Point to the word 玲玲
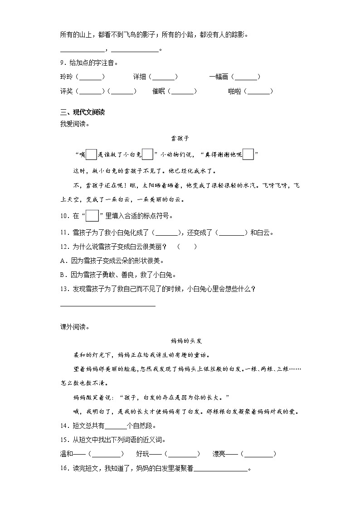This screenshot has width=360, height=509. click(66, 77)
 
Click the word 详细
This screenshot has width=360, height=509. click(139, 77)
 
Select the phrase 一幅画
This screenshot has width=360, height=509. click(219, 77)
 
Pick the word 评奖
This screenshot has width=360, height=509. click(66, 91)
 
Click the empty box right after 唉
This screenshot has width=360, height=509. click(91, 155)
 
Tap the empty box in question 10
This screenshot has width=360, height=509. click(92, 216)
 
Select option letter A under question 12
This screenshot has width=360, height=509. click(63, 261)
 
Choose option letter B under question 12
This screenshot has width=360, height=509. click(63, 275)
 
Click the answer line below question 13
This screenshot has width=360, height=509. click(107, 305)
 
